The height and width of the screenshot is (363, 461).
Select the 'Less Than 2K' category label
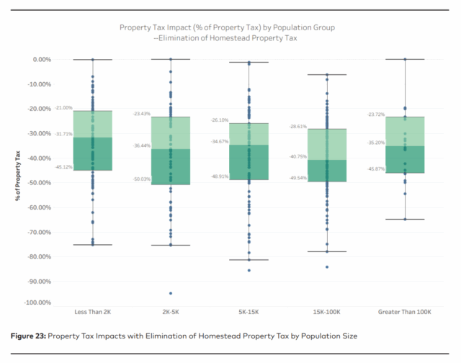point(92,312)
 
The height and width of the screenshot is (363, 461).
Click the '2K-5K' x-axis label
point(171,312)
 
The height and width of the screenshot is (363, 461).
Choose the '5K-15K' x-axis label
point(249,312)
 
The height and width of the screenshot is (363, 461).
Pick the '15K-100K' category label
point(327,312)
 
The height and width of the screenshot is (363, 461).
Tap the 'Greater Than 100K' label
point(405,312)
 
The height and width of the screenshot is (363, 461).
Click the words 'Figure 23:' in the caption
point(29,336)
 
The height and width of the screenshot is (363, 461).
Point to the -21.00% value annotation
point(63,107)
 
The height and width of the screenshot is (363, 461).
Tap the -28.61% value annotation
point(297,126)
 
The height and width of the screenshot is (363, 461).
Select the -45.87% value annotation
point(375,169)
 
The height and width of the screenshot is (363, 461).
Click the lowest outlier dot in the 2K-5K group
point(171,293)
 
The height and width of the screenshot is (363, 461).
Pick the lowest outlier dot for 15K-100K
point(327,267)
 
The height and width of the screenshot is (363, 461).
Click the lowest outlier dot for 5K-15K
point(249,270)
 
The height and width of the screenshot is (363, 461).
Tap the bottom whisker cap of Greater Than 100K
point(405,219)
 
